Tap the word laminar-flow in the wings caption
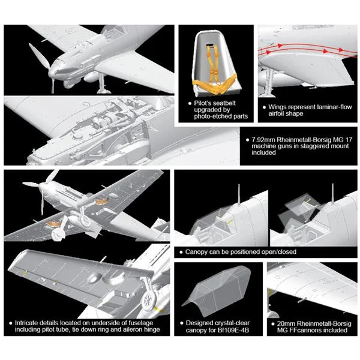pyautogui.click(x=334, y=107)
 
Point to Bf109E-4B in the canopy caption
pyautogui.click(x=233, y=330)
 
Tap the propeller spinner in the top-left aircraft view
pyautogui.click(x=53, y=71)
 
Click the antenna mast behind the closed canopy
pyautogui.click(x=239, y=194)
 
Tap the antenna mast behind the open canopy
pyautogui.click(x=332, y=193)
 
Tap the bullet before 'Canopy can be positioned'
pyautogui.click(x=181, y=252)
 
